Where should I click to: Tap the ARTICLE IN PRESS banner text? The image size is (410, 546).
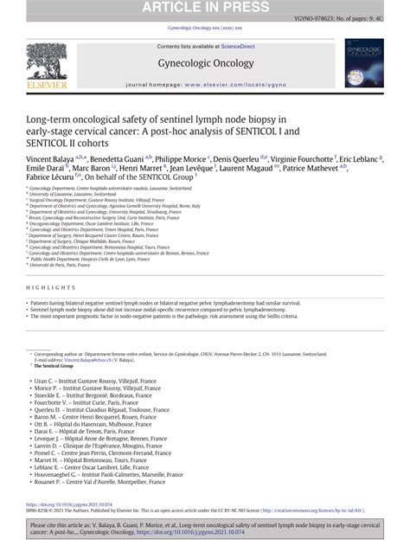click(204, 9)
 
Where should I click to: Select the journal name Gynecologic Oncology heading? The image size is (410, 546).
click(204, 62)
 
